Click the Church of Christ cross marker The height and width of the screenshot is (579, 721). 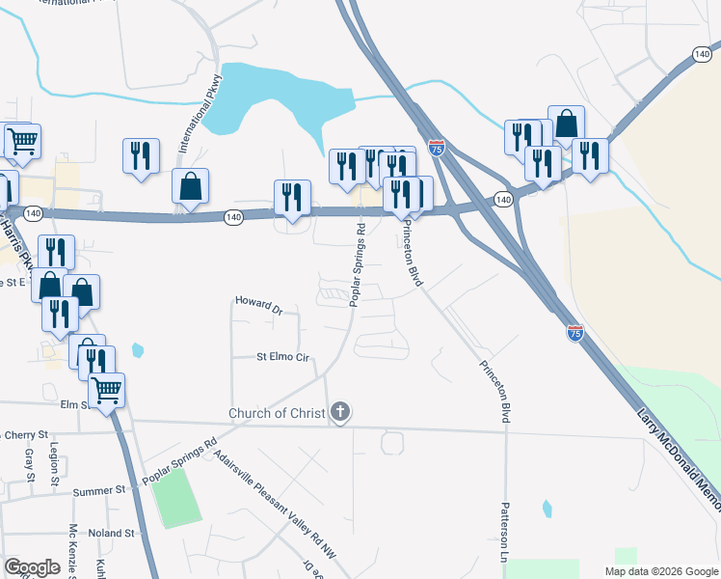pyautogui.click(x=339, y=414)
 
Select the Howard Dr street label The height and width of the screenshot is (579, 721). pyautogui.click(x=258, y=306)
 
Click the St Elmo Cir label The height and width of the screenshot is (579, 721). pyautogui.click(x=281, y=357)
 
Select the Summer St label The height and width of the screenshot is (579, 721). pyautogui.click(x=100, y=490)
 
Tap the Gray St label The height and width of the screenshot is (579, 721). pyautogui.click(x=29, y=465)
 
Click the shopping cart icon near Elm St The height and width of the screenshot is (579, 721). pyautogui.click(x=106, y=390)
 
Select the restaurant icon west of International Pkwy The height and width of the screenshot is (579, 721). pyautogui.click(x=142, y=155)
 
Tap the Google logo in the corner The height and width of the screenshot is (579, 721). pyautogui.click(x=33, y=567)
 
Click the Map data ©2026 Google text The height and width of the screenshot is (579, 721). pyautogui.click(x=661, y=571)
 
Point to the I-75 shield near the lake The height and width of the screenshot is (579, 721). pyautogui.click(x=438, y=148)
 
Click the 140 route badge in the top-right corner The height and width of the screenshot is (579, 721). pyautogui.click(x=702, y=56)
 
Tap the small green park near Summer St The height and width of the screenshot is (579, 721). pyautogui.click(x=175, y=498)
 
